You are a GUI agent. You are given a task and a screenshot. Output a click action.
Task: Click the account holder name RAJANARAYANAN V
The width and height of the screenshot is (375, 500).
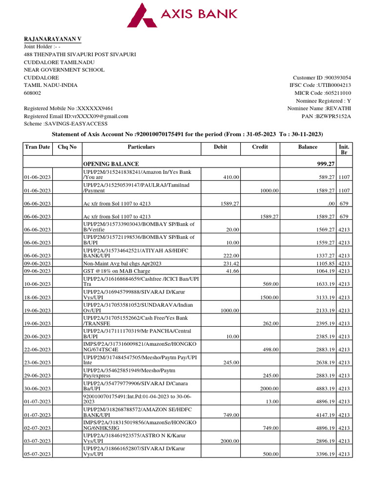pos(53,39)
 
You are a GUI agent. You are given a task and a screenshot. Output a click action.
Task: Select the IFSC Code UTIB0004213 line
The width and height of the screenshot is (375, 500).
pos(320,85)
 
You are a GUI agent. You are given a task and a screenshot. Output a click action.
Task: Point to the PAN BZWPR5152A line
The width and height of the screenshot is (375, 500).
pos(327,116)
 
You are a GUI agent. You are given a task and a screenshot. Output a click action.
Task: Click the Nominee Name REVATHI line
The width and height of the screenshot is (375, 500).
pos(319,108)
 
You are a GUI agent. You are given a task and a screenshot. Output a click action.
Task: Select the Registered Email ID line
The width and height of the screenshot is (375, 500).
pos(76,116)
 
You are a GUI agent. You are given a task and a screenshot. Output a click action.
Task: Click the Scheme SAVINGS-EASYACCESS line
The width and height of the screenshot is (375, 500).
pos(65,124)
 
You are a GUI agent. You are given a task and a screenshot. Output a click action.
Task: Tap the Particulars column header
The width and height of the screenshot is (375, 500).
pos(141,147)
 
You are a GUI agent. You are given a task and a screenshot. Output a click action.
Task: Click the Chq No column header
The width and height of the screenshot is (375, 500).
pos(67,147)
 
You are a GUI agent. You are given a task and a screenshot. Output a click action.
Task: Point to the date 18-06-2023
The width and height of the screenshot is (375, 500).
pos(38,297)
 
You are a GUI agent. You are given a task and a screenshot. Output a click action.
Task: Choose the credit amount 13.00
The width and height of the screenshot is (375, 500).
pos(272,402)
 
